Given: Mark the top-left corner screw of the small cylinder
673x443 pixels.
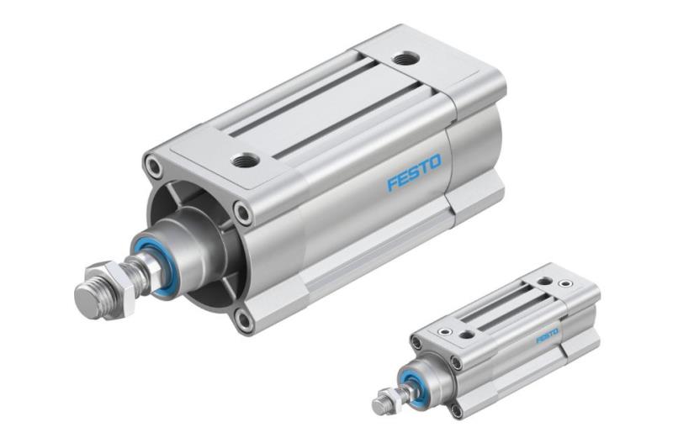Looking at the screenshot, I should click(x=416, y=343).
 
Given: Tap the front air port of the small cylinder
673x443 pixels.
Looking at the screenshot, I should click(x=466, y=334).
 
